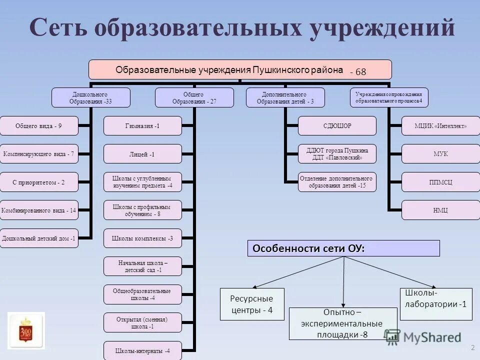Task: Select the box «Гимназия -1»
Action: click(142, 126)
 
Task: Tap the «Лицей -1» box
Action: click(142, 154)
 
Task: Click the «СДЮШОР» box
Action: click(337, 126)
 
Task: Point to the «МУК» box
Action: click(440, 154)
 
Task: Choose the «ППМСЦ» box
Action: click(440, 182)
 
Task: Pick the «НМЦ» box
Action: click(440, 210)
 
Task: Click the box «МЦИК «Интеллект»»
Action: click(440, 126)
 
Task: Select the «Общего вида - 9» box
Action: click(39, 126)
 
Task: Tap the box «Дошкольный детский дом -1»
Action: click(39, 238)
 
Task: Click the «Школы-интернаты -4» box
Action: click(142, 350)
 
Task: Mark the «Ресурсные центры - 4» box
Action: click(252, 304)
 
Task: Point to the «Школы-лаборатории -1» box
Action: click(436, 298)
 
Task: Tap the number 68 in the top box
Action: click(361, 72)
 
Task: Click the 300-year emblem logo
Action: click(26, 328)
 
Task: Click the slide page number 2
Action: click(472, 347)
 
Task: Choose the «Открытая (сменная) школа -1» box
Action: click(142, 322)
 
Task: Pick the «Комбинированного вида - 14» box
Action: click(39, 210)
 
